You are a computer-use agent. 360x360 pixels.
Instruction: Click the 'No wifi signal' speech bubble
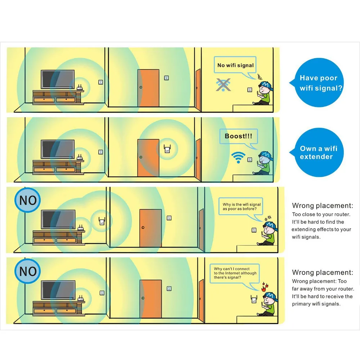tap(235, 65)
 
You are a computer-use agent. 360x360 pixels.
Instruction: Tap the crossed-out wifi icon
tap(223, 85)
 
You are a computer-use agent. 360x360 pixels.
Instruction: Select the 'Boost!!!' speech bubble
tap(239, 136)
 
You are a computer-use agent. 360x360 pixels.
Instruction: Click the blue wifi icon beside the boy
tap(238, 157)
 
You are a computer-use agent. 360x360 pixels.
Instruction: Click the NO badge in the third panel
tap(28, 200)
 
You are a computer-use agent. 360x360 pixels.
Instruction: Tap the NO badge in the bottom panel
tap(28, 271)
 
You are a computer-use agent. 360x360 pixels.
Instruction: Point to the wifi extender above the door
tap(167, 149)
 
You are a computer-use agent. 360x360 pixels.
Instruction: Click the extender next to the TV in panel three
tap(102, 221)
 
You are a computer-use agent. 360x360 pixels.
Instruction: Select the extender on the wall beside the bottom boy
tap(254, 299)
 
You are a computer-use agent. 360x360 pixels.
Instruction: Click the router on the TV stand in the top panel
tap(80, 87)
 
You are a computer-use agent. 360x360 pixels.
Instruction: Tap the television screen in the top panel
tap(58, 79)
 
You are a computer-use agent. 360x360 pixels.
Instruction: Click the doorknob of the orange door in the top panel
tap(141, 87)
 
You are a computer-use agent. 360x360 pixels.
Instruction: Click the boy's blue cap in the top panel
tap(266, 85)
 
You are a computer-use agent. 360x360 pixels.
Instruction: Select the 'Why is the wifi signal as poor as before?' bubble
tap(240, 206)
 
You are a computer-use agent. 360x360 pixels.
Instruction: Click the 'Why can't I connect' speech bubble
tap(235, 273)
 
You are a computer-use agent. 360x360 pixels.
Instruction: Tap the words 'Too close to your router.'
tap(321, 215)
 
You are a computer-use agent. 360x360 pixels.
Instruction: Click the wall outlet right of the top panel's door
tap(166, 78)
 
